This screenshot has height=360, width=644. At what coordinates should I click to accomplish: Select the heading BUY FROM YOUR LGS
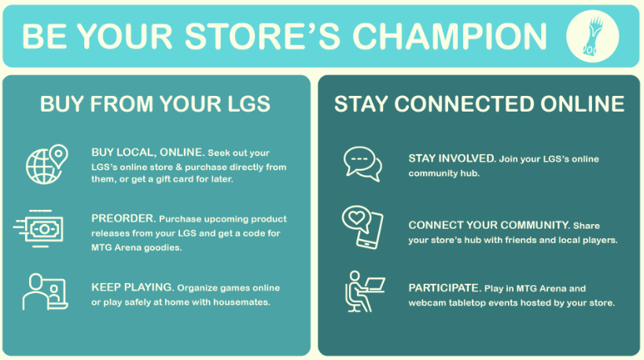pos(155,104)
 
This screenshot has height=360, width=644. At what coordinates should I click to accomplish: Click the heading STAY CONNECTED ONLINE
pos(479,104)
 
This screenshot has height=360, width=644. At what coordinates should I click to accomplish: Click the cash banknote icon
pos(39,230)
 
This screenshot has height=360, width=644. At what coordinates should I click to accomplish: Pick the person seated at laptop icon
pos(363,292)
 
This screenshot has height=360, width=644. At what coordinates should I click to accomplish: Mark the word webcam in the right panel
pos(426,303)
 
